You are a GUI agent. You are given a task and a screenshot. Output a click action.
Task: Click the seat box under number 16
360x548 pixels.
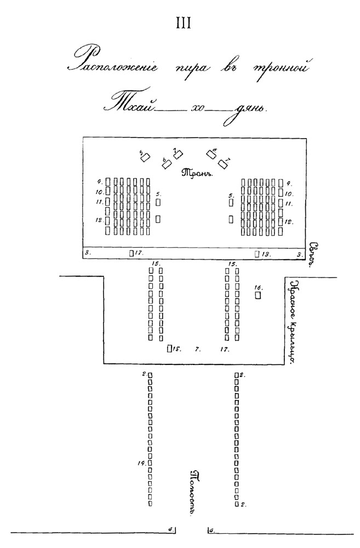(x=258, y=295)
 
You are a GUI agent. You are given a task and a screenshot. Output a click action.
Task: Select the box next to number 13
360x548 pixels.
(x=257, y=254)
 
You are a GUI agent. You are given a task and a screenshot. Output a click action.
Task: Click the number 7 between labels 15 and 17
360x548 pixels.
(x=197, y=349)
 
